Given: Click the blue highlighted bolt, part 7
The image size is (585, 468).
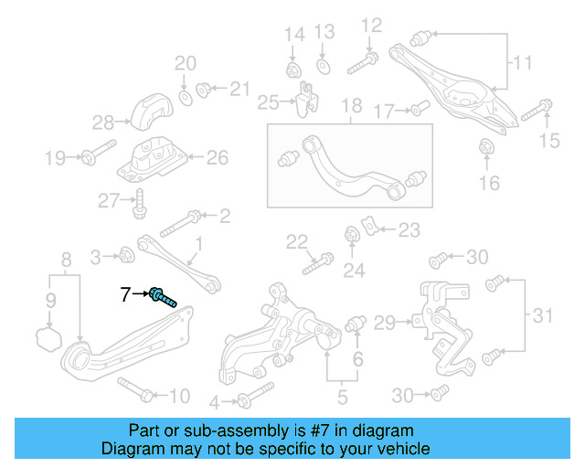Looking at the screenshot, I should point(163,297).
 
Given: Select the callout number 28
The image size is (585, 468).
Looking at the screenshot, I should point(102,122).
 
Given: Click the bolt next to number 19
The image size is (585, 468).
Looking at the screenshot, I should point(97,156).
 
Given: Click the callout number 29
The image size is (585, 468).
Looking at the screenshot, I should point(385,321).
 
